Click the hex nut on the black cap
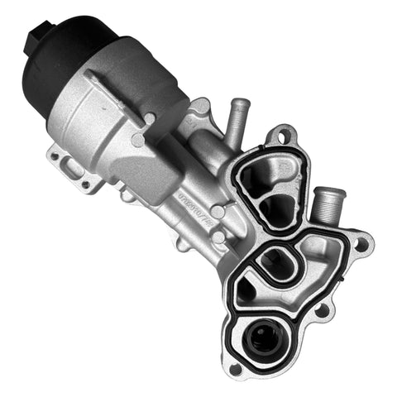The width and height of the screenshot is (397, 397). tap(36, 35)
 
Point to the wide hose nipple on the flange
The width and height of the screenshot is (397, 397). tap(326, 203)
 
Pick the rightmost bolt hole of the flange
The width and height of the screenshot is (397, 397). tap(361, 243)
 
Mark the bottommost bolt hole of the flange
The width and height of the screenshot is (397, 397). tap(236, 368)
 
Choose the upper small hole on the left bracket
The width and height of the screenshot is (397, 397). tap(55, 154)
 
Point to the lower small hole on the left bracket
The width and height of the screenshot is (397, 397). tap(86, 184)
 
